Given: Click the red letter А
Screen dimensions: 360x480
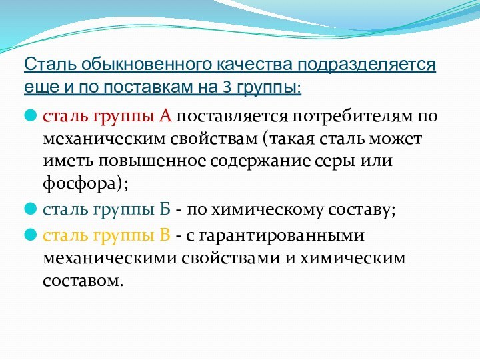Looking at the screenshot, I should (165, 117).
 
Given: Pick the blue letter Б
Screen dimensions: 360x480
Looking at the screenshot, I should (165, 210).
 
